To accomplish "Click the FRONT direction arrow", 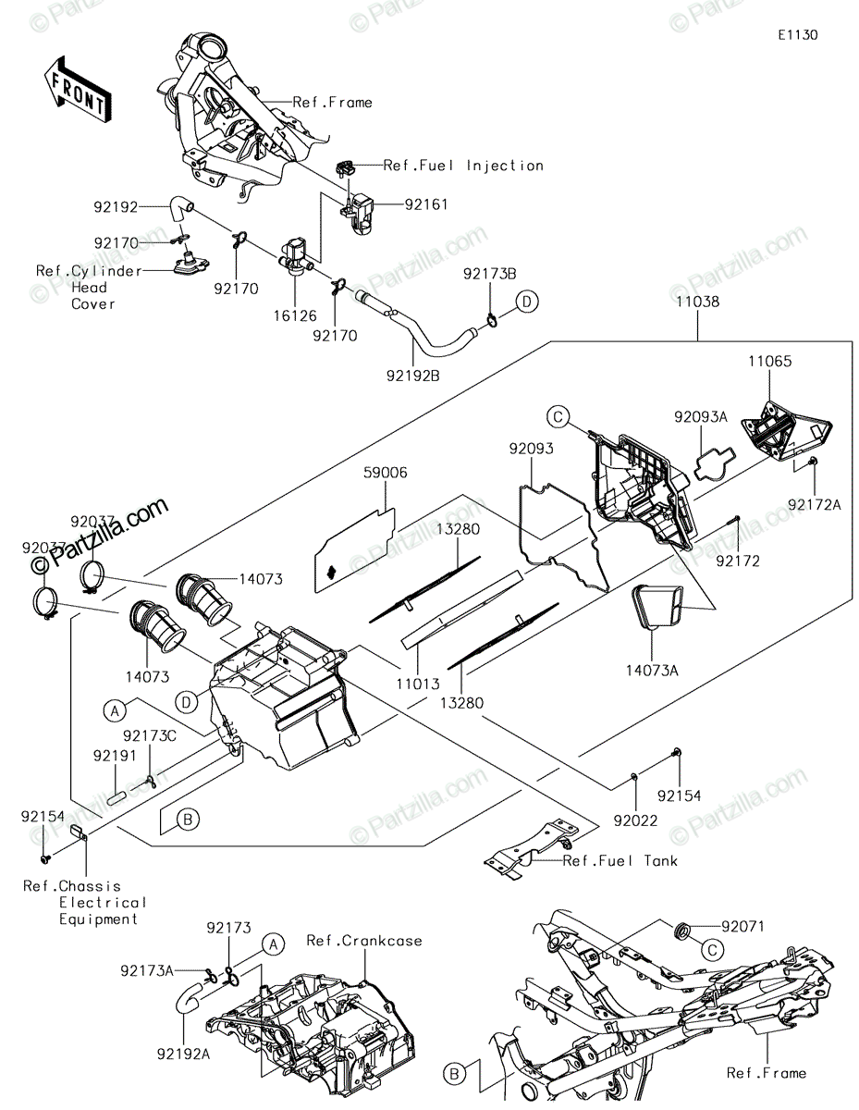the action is tap(77, 90).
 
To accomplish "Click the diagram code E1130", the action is tap(798, 35).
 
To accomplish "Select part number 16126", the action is tap(295, 315).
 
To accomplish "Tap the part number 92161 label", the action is tap(426, 204).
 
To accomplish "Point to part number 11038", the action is tap(698, 302).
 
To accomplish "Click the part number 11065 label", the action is tap(770, 361).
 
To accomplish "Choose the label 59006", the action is tap(386, 473).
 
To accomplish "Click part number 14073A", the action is tap(652, 671).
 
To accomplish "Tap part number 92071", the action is tap(743, 926).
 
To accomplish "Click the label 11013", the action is tap(418, 684).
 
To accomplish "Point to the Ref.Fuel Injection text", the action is tap(463, 166).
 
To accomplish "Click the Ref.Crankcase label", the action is tap(364, 941).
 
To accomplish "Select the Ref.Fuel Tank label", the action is tap(620, 861).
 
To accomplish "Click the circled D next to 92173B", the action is tap(527, 302).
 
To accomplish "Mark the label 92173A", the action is tap(147, 970).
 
